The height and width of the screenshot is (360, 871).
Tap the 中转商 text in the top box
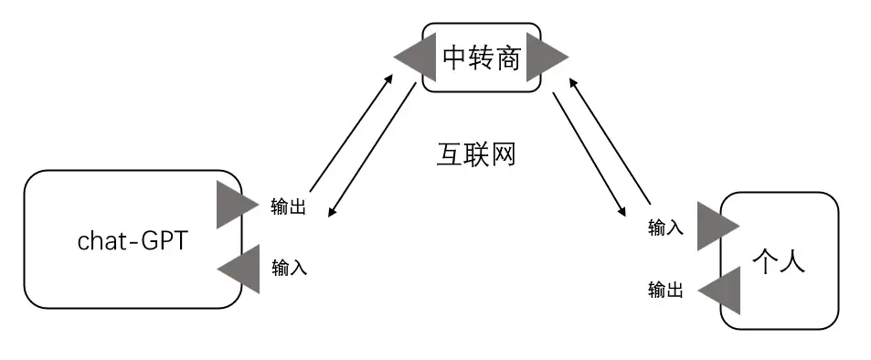(481, 58)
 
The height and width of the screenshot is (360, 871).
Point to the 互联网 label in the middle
(474, 154)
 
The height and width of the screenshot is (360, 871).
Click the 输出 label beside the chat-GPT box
(289, 207)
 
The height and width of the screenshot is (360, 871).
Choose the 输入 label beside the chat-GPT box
(290, 268)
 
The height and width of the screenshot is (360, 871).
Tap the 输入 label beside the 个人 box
(665, 227)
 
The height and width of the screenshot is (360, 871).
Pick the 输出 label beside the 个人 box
(665, 290)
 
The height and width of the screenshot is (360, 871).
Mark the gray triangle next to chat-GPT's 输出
(235, 205)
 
